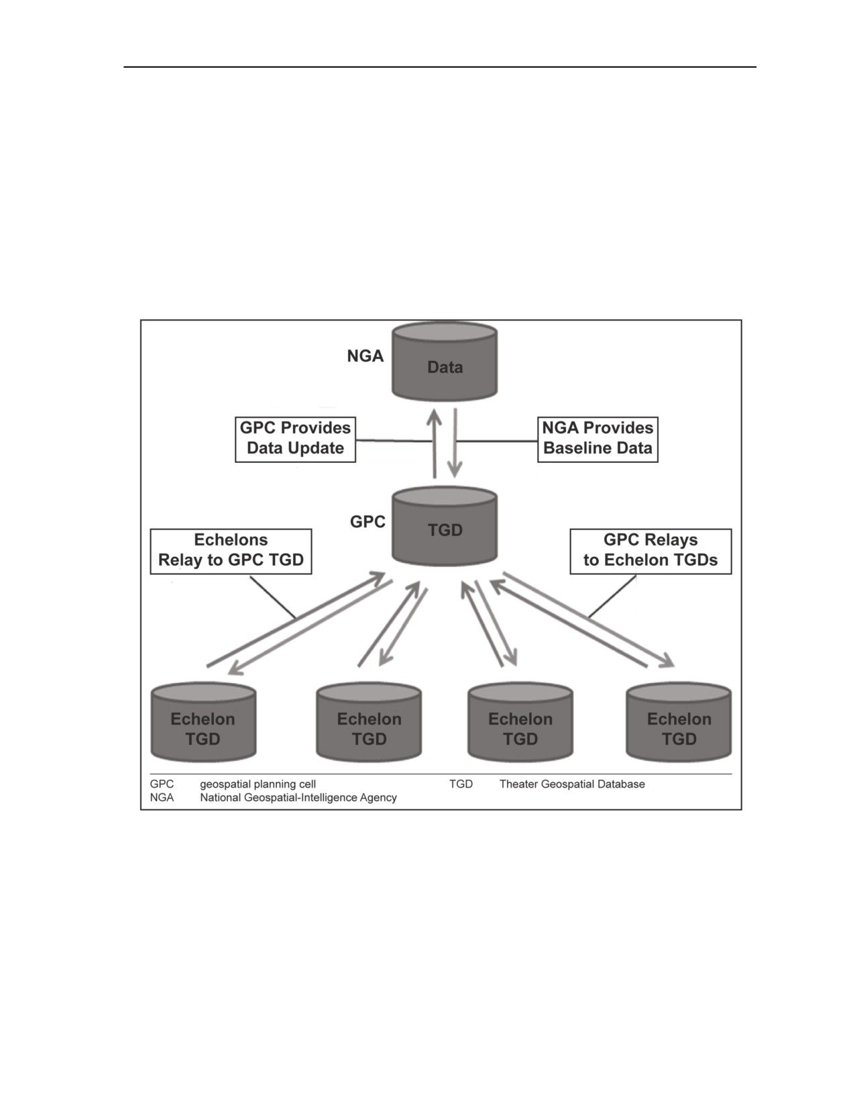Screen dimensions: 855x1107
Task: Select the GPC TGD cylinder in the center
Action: click(x=445, y=526)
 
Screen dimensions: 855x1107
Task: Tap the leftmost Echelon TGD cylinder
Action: click(x=203, y=723)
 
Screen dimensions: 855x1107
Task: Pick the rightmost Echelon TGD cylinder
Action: click(x=679, y=723)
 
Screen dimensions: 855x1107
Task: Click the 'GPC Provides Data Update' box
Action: click(x=295, y=439)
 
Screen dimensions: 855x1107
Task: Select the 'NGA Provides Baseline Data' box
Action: click(x=598, y=439)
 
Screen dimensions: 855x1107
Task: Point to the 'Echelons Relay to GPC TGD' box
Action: click(x=231, y=551)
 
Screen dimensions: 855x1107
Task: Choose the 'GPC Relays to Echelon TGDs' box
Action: click(x=650, y=551)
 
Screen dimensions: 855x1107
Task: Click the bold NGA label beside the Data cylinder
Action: click(x=365, y=356)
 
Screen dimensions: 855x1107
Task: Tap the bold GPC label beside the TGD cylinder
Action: click(x=367, y=522)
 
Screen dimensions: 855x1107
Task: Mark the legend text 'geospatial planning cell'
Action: click(x=258, y=784)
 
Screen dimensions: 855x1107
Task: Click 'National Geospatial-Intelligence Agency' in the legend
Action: click(x=298, y=797)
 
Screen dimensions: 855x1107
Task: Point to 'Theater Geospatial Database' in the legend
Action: click(x=572, y=784)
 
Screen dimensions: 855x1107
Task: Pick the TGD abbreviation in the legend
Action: click(x=461, y=784)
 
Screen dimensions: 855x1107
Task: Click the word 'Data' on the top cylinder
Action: click(x=445, y=367)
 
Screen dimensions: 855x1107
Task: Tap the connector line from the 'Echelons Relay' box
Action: click(x=272, y=597)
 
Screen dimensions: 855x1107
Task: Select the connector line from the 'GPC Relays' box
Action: click(x=613, y=596)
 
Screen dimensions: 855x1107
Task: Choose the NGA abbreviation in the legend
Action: click(x=162, y=797)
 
